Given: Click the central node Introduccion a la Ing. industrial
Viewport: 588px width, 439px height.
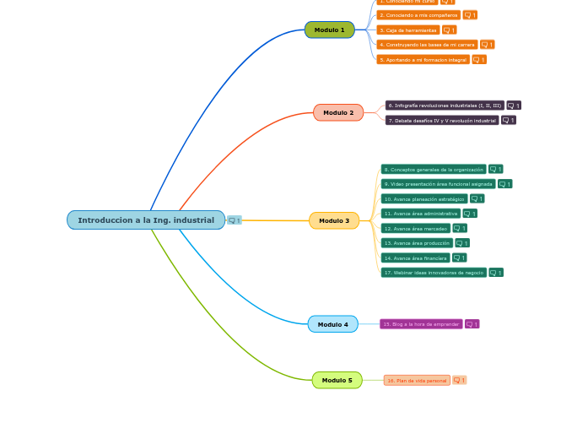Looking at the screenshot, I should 146,220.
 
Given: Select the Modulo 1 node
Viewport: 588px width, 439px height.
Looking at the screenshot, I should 329,30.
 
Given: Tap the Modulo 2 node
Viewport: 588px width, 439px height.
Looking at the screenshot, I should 338,112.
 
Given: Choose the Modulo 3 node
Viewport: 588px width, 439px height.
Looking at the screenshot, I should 334,220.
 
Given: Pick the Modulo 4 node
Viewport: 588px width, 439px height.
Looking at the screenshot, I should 332,324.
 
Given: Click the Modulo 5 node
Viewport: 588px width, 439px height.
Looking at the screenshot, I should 337,380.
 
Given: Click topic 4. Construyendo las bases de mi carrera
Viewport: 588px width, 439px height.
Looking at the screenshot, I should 427,44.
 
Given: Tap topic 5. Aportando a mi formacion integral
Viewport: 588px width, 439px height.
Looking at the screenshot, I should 423,59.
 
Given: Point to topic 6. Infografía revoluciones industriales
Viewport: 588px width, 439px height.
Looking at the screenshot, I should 445,106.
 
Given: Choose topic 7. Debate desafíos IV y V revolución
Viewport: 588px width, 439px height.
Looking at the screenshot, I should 442,120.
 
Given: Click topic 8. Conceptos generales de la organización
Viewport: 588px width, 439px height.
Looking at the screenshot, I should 433,169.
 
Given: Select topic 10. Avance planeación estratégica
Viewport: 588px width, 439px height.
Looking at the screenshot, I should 424,198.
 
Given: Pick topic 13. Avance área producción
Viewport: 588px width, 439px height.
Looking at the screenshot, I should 417,243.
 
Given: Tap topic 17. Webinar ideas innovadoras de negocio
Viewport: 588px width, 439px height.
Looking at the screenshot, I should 434,273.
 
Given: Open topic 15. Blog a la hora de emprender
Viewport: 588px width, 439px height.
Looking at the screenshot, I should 421,324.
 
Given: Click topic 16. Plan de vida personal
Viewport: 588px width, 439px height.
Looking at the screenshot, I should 417,381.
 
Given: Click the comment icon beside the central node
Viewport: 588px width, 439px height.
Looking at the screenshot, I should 235,220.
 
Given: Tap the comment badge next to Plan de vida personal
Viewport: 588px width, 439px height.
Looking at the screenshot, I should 459,381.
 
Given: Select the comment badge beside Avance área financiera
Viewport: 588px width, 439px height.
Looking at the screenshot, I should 459,257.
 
